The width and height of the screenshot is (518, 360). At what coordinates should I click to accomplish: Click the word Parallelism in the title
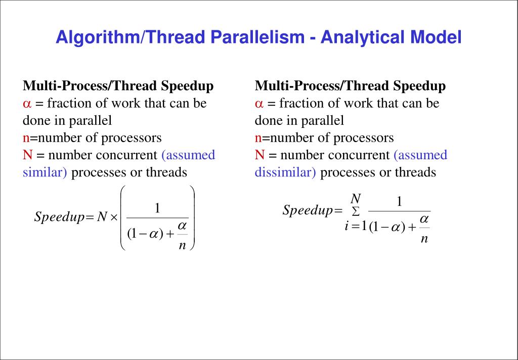(x=260, y=37)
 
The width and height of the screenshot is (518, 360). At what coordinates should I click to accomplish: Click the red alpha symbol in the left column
(x=27, y=104)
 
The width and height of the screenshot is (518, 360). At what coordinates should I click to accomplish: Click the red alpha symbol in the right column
(x=259, y=104)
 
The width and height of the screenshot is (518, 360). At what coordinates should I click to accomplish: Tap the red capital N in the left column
(x=27, y=155)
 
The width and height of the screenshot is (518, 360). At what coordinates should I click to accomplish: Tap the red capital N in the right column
(x=260, y=155)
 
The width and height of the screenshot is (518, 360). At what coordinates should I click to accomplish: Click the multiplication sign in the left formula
(x=114, y=217)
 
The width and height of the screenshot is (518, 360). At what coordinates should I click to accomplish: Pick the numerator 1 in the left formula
(x=157, y=208)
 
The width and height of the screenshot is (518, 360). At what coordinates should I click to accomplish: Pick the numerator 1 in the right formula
(x=399, y=202)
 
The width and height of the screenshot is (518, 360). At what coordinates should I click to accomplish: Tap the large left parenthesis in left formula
(x=123, y=217)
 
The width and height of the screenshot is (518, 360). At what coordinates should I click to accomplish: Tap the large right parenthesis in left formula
(x=192, y=217)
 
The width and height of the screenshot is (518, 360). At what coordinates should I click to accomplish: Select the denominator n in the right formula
(x=424, y=239)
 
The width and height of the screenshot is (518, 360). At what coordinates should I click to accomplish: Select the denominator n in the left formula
(x=183, y=246)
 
